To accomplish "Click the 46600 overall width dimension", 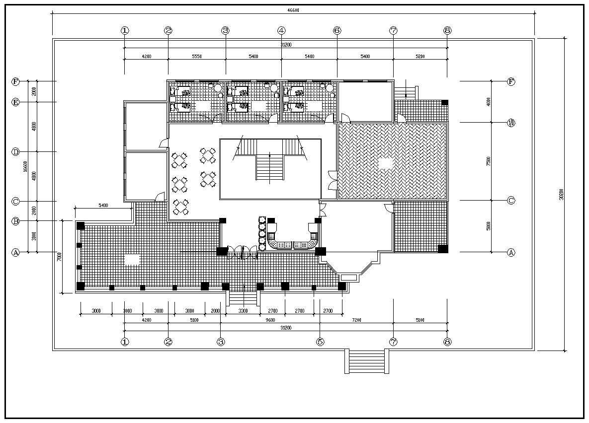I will (x=293, y=10).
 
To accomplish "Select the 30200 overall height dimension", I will (x=561, y=194).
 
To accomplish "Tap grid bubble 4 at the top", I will (x=281, y=30).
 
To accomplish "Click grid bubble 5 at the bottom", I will (x=320, y=342).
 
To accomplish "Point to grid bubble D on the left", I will (x=15, y=152).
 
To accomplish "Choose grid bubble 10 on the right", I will (x=511, y=123).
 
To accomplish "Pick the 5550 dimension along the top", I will (x=196, y=57).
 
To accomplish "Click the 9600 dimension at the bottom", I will (x=270, y=320).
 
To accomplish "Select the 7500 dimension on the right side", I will (x=489, y=161).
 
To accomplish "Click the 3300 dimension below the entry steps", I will (x=243, y=311).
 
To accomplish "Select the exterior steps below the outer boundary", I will (x=367, y=361).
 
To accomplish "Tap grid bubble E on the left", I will (x=15, y=102).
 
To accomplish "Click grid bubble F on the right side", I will (x=511, y=81).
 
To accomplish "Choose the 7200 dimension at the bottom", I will (x=356, y=320).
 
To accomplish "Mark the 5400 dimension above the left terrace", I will (x=103, y=205).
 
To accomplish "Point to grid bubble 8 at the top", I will (x=447, y=30).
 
